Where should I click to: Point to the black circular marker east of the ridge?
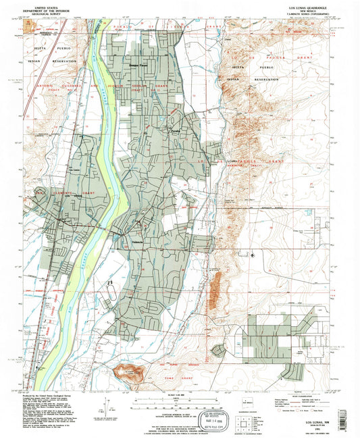click(x=253, y=255)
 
